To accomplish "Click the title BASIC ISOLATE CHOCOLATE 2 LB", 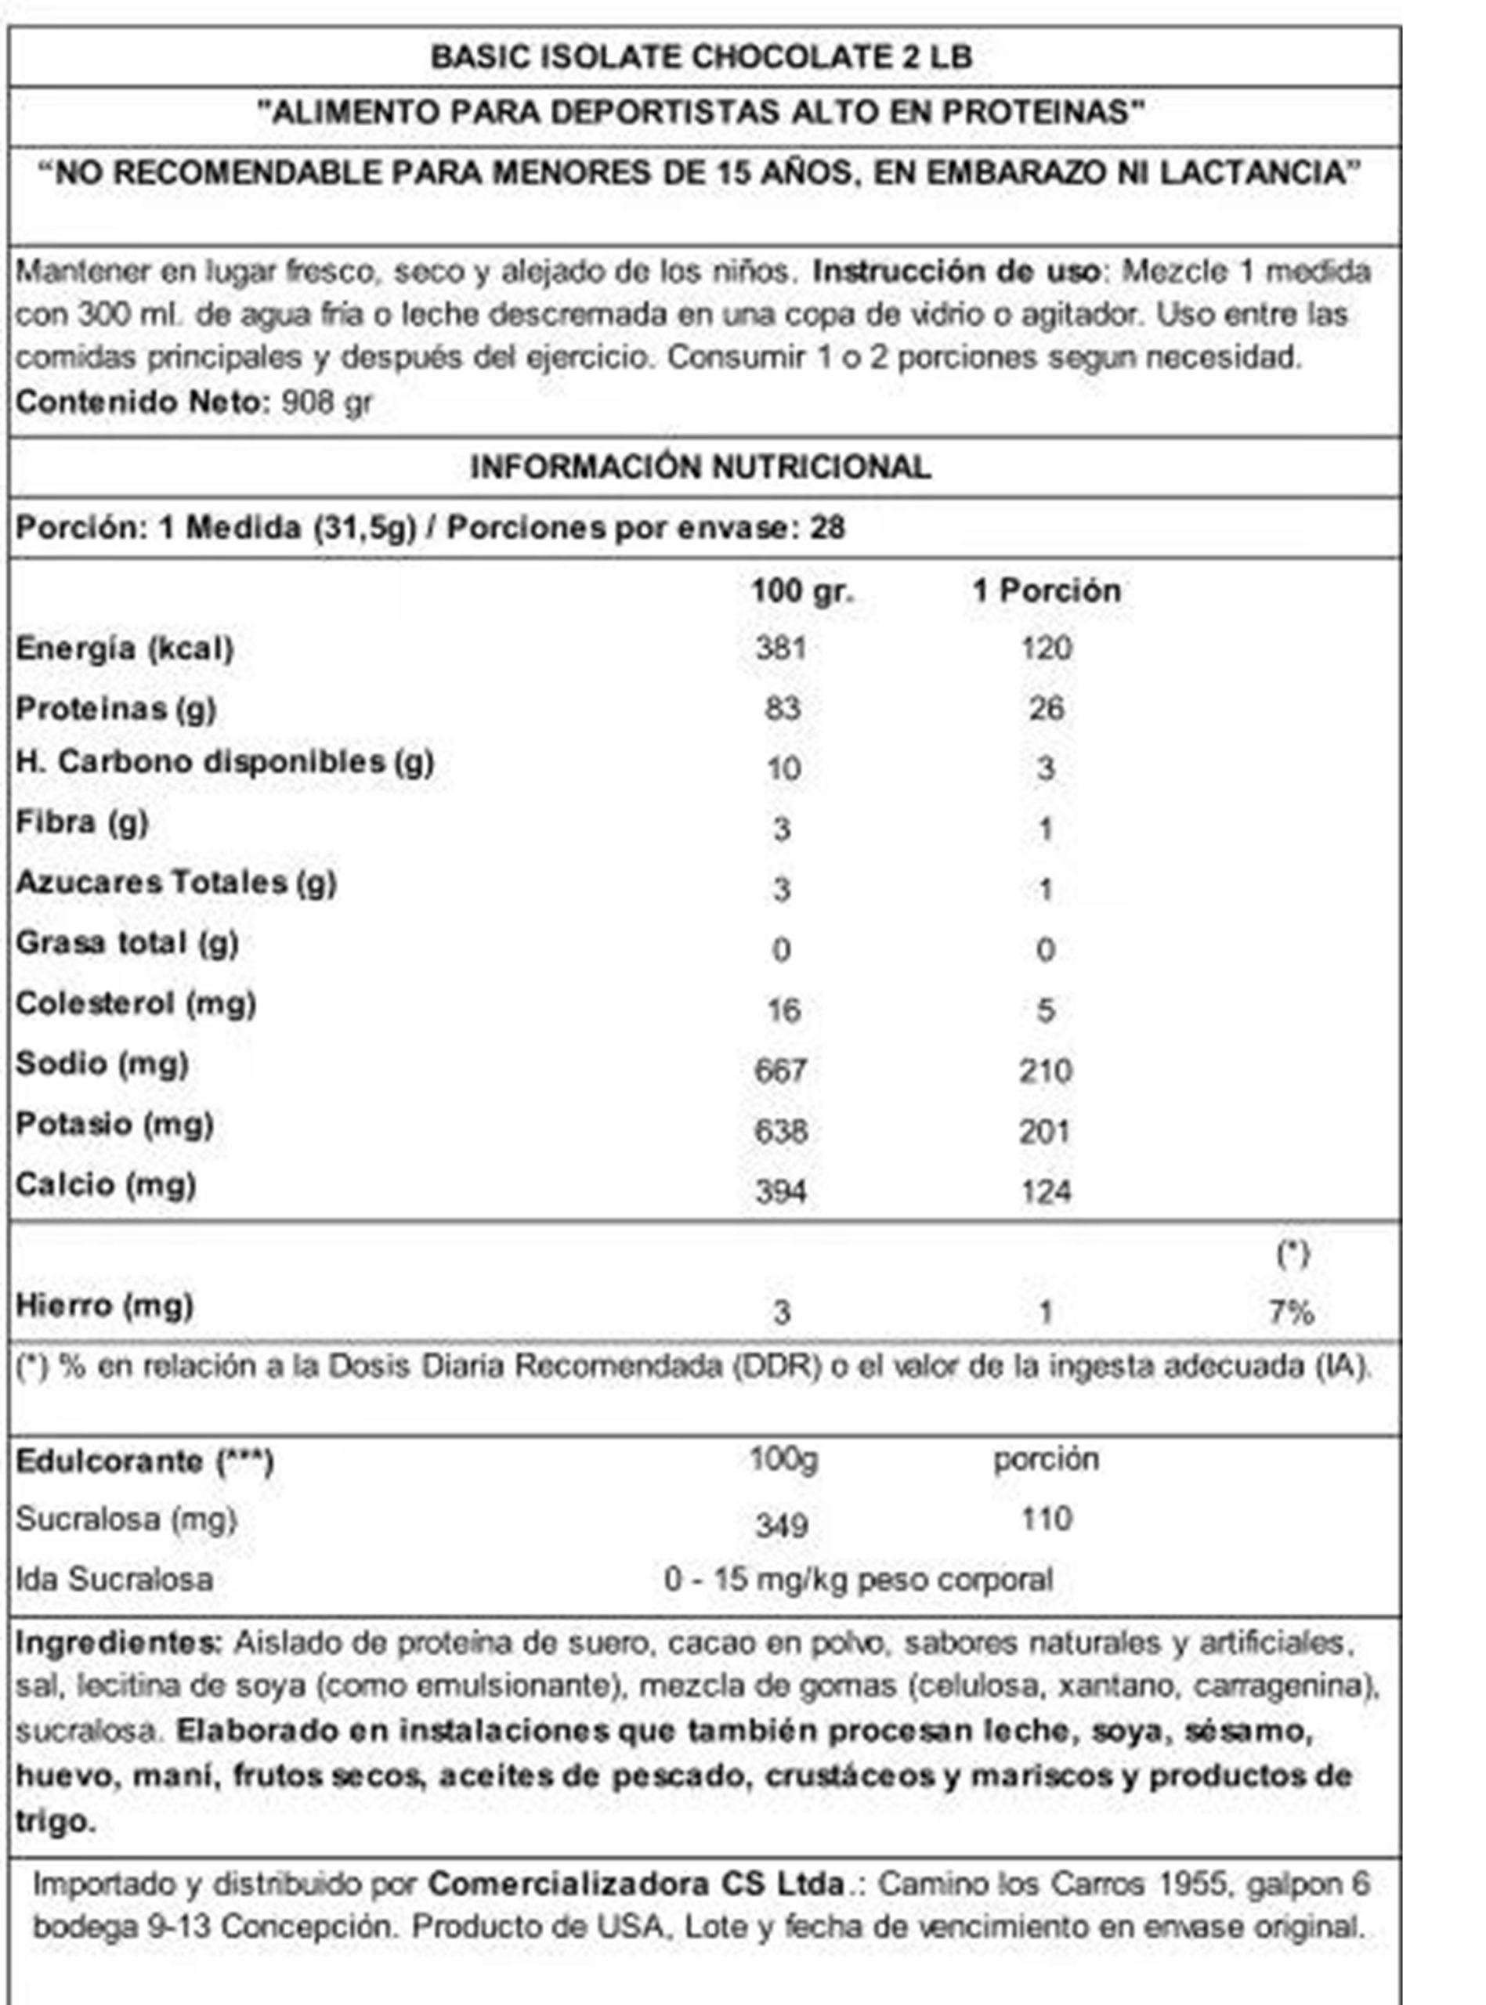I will tap(702, 57).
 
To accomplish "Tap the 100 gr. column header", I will tap(801, 591).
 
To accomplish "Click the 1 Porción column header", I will tap(1046, 591).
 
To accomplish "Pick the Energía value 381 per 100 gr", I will tap(781, 648).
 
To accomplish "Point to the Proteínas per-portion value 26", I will tap(1046, 709).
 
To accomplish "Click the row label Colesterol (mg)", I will tap(136, 1003).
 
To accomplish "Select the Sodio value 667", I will tap(781, 1071).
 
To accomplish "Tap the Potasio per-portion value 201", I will tap(1045, 1131).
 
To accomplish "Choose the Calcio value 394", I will tap(781, 1192).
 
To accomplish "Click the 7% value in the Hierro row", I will tap(1291, 1313).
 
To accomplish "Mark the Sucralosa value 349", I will tap(781, 1525).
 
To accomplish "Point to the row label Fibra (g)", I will tap(81, 822).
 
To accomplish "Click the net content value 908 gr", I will tap(327, 402).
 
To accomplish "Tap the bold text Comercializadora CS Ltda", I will tap(637, 1883).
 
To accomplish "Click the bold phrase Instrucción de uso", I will tap(956, 271).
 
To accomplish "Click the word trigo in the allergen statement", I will tap(54, 1822).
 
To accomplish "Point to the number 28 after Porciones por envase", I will tap(827, 528).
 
